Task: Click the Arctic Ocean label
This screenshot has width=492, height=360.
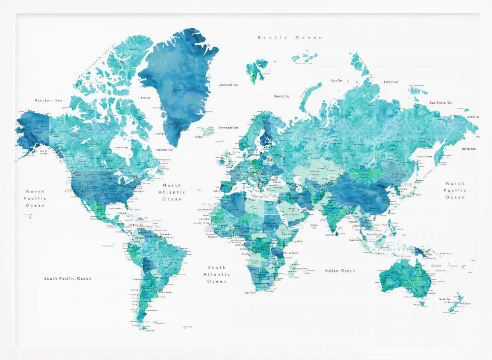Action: coord(290,37)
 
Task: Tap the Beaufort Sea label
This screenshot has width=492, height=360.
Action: coord(48,100)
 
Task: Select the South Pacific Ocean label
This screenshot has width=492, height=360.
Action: coord(67,278)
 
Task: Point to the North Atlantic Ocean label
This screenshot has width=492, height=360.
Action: coord(172,192)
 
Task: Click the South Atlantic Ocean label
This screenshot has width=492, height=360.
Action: coord(216,274)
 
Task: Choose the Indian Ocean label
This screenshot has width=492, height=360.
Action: coord(339,271)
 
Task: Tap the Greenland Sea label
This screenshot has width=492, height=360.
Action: coord(228,85)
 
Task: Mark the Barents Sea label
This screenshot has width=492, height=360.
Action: coord(282,96)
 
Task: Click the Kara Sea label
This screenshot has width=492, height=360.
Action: coord(337,80)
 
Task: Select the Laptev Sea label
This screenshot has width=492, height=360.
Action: coord(391,82)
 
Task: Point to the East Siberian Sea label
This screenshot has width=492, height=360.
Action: coord(440,102)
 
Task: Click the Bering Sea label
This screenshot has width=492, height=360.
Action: coord(468,149)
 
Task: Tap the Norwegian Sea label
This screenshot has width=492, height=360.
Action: coord(228,127)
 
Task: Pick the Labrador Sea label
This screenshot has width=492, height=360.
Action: coord(164,150)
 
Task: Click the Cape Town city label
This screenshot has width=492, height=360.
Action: coord(249,293)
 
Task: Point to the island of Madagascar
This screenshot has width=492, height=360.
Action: coord(292,269)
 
